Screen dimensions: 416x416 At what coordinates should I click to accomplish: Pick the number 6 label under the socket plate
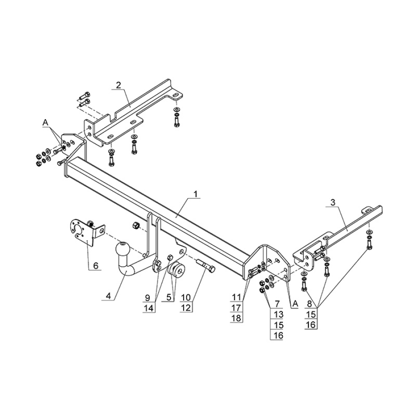[x=95, y=265]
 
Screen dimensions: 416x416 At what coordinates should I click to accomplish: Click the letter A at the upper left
[x=45, y=122]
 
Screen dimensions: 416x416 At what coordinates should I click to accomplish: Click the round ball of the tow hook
[x=123, y=247]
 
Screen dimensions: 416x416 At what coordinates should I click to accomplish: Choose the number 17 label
[x=236, y=307]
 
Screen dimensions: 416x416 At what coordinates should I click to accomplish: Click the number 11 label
[x=236, y=298]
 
